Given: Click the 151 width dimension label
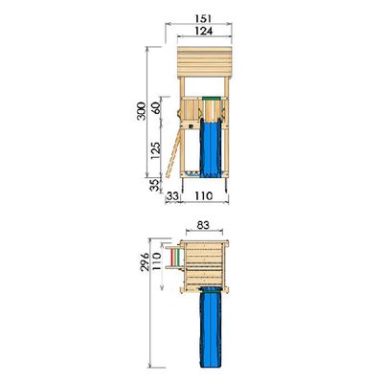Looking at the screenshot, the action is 203,19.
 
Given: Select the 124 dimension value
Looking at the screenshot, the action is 204,31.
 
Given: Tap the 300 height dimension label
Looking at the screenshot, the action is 141,111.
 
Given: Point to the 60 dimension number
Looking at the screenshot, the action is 156,108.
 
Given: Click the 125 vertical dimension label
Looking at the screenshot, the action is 156,151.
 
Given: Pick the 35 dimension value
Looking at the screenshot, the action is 154,185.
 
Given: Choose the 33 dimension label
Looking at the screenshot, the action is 172,196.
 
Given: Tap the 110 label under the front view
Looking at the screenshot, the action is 203,195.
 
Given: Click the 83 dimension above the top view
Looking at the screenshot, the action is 203,225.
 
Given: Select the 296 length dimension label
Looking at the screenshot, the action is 145,261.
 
